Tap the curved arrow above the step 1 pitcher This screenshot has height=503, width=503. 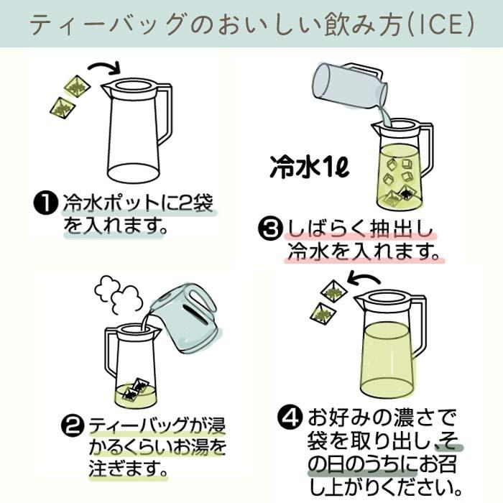105,69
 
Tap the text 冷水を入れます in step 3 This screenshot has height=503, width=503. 362,252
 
